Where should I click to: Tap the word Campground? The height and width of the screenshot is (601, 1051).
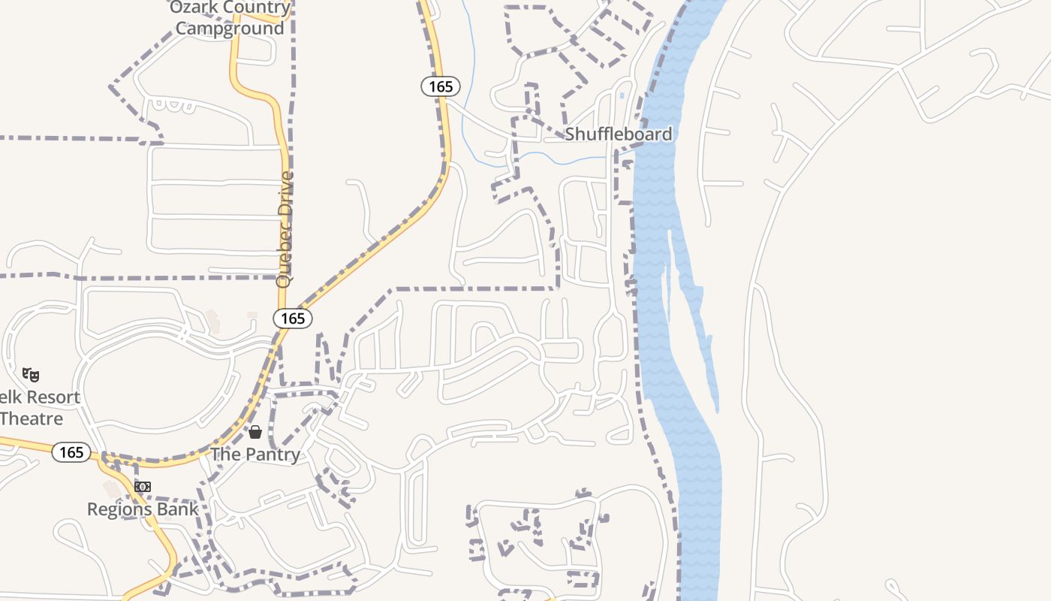[x=230, y=29]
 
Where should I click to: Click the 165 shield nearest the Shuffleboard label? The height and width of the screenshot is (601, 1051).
[x=441, y=86]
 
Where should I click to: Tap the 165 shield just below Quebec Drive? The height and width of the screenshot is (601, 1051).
[x=293, y=319]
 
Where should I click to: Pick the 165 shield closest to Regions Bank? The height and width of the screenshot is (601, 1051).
[x=71, y=452]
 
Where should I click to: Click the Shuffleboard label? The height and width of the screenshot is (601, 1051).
[x=618, y=134]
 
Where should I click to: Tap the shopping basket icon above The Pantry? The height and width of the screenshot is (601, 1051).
[x=255, y=432]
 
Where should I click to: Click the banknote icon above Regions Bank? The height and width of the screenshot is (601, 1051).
[x=143, y=487]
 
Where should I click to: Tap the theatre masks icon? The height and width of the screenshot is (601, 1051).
[x=31, y=374]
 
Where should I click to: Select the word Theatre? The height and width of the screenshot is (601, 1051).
[x=32, y=418]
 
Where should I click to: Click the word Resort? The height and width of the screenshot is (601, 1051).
[x=50, y=397]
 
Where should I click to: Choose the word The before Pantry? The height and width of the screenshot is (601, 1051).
[x=224, y=455]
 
